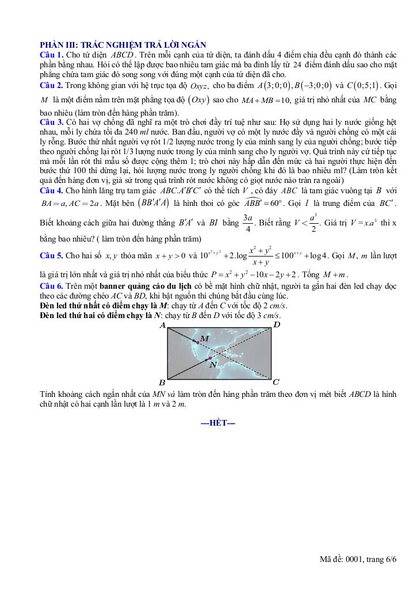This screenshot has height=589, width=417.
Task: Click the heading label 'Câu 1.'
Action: (52, 53)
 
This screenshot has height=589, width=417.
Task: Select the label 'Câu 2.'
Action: (52, 85)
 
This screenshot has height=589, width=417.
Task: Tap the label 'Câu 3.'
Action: (52, 123)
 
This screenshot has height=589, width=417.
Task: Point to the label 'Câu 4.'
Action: (52, 190)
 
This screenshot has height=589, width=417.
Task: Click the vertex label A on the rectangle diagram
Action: (162, 326)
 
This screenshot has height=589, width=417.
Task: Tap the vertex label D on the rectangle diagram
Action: (277, 326)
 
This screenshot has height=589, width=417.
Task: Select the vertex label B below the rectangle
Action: (162, 382)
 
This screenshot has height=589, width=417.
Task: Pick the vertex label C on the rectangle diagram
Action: (276, 382)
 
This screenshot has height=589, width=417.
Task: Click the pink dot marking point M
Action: (198, 343)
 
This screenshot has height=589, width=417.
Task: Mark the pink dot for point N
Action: (210, 358)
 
